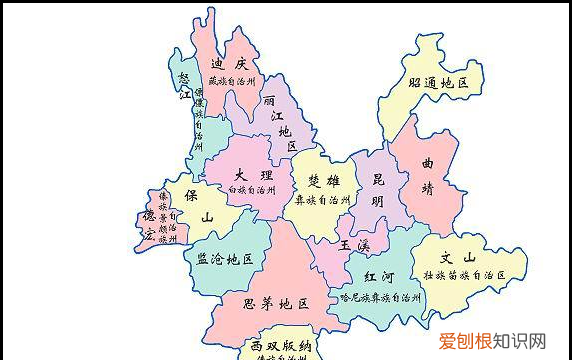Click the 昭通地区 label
439,84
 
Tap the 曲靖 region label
428,172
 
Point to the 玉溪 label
354,244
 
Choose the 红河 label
379,276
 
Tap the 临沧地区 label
224,259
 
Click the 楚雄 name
322,181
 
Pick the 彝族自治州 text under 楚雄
322,200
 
